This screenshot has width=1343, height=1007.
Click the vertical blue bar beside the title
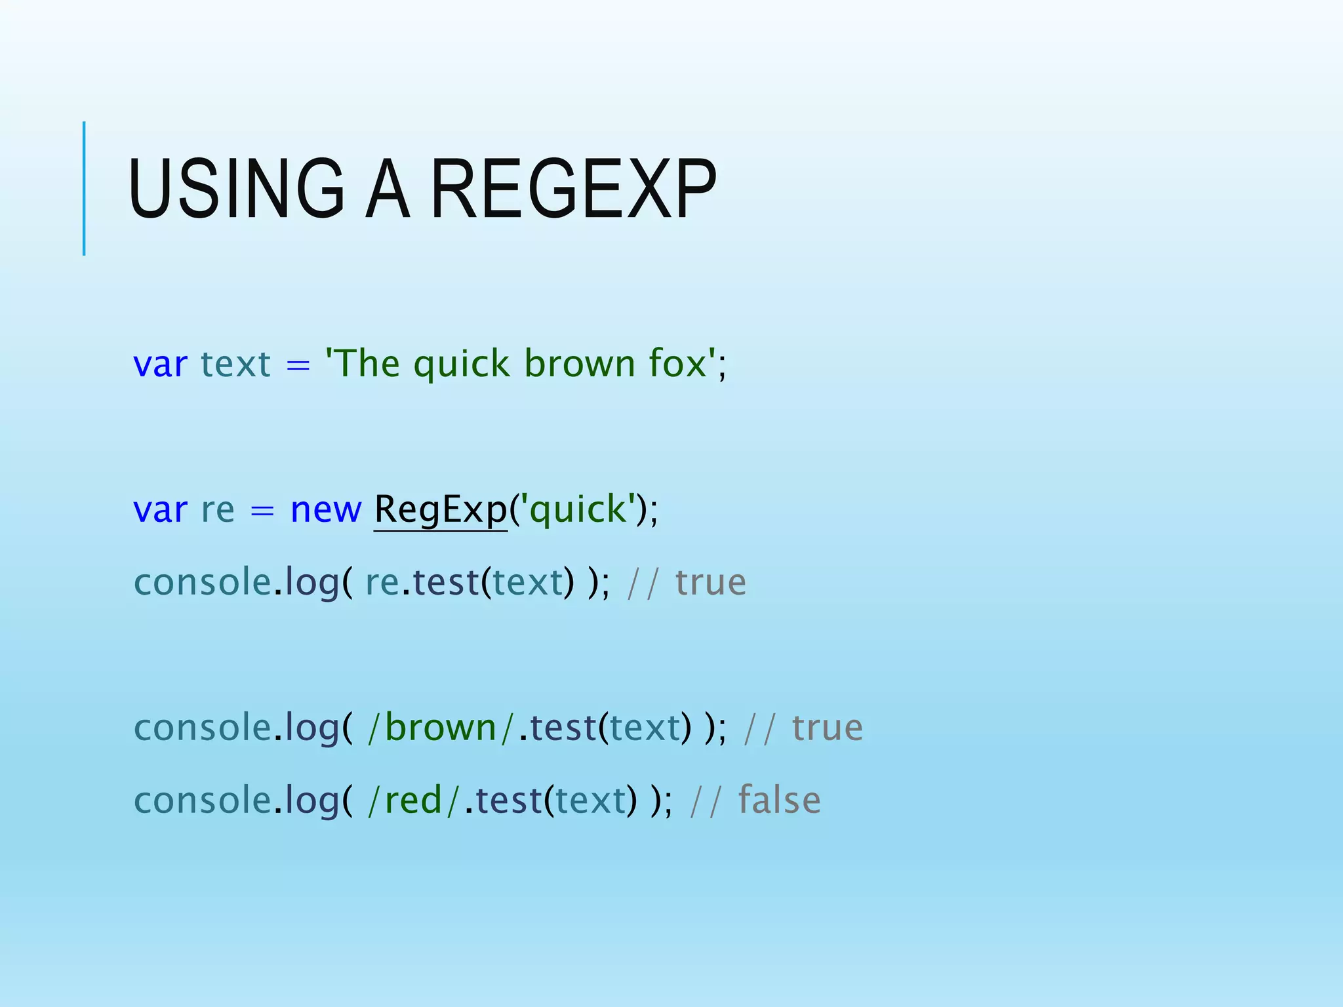point(84,189)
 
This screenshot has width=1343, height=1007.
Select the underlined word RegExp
point(441,509)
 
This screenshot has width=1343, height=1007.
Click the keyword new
point(325,509)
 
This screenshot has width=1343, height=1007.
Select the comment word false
point(779,800)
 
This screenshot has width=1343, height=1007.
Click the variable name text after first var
point(235,364)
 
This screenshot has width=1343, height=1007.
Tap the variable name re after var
point(218,509)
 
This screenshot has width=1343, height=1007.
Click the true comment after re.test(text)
point(711,582)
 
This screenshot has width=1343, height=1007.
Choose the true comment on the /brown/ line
point(828,728)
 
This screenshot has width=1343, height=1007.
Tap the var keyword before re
point(160,509)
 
